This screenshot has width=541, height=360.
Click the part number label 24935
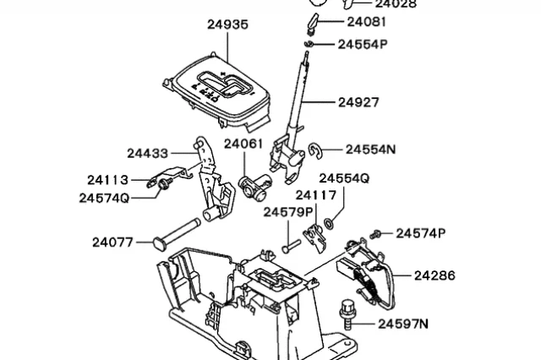[x=227, y=25]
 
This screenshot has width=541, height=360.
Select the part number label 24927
[x=358, y=102]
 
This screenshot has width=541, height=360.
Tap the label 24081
[x=367, y=21]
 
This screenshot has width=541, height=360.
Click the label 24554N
[x=370, y=149]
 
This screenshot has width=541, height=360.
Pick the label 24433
[x=148, y=153]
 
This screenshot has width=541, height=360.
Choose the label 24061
[x=244, y=145]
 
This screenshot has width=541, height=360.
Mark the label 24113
[x=107, y=180]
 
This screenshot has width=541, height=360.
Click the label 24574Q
[x=104, y=198]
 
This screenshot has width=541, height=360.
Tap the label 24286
[x=434, y=275]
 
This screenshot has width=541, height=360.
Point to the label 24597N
[x=403, y=323]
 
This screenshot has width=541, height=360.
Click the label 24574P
[x=420, y=232]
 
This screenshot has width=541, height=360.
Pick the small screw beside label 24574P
[x=378, y=234]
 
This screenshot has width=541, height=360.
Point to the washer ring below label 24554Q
[x=328, y=225]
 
